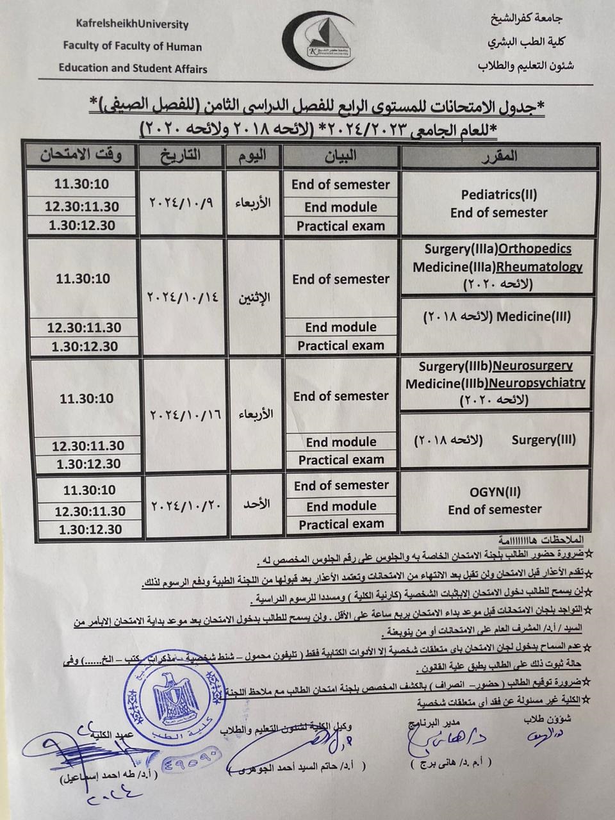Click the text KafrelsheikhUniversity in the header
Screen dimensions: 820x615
tap(133, 24)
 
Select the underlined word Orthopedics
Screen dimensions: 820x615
tap(534, 249)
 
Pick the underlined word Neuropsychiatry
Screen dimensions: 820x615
tap(537, 383)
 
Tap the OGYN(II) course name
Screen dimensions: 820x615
tap(495, 493)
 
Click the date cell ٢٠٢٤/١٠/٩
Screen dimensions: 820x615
tap(181, 202)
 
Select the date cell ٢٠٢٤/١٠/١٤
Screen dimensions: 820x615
tap(184, 297)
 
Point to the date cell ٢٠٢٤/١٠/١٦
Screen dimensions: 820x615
tap(185, 414)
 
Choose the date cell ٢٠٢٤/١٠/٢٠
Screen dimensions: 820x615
tap(185, 505)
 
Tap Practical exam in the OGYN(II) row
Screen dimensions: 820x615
tap(341, 524)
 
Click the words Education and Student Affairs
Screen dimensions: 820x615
tap(133, 68)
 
